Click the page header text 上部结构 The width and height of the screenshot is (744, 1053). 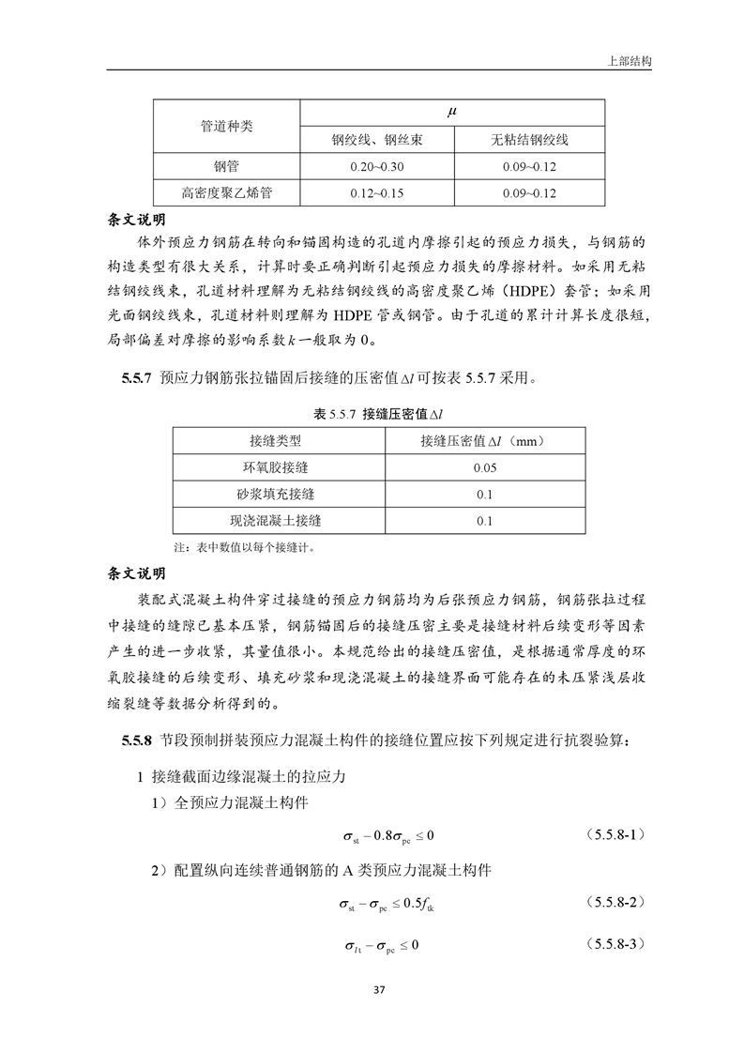[630, 58]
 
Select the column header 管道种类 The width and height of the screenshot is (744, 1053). [226, 126]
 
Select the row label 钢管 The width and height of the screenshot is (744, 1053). [226, 167]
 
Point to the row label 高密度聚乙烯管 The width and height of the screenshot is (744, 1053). [226, 194]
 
